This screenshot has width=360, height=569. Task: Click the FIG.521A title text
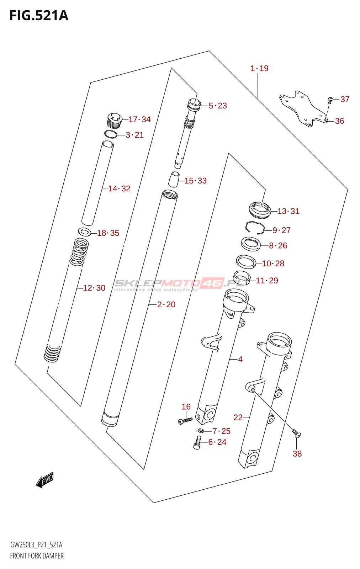[x=39, y=16]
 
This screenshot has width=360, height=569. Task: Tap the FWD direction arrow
[x=45, y=480]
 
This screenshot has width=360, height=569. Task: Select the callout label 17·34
[x=139, y=119]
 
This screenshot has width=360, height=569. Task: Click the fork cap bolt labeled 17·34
[x=115, y=120]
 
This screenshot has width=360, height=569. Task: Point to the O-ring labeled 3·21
[x=111, y=134]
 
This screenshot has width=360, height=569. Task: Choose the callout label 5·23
[x=218, y=106]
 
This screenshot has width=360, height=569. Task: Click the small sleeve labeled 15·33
[x=174, y=179]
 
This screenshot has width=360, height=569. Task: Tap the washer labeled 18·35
[x=84, y=232]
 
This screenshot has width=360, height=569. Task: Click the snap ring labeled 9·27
[x=255, y=227]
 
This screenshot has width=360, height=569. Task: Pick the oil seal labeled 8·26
[x=251, y=244]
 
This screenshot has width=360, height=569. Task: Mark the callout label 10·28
[x=273, y=264]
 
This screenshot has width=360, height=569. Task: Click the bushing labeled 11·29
[x=242, y=276]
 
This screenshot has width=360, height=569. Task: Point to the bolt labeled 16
[x=185, y=421]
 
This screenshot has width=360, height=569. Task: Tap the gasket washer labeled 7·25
[x=201, y=431]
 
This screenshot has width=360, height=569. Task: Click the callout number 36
[x=340, y=121]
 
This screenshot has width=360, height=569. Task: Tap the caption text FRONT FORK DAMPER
[x=37, y=556]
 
